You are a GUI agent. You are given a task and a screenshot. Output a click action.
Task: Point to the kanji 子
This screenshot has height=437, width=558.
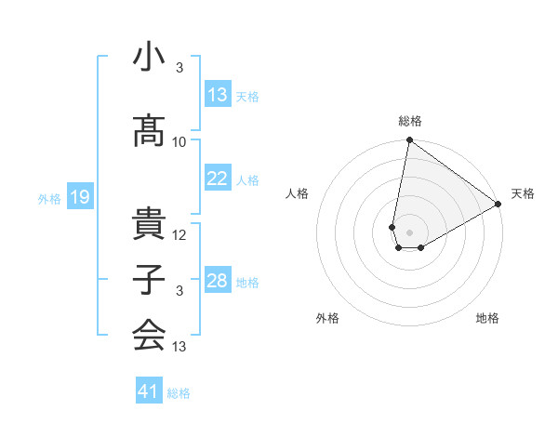click(x=149, y=279)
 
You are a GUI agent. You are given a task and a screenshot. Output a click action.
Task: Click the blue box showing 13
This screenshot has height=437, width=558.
click(x=217, y=95)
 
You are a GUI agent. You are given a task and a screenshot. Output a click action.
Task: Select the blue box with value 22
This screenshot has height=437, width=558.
click(x=217, y=179)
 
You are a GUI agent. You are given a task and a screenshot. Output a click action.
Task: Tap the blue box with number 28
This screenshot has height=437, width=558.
click(x=217, y=281)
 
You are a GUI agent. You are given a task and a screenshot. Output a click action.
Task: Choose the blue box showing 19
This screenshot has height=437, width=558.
click(x=79, y=196)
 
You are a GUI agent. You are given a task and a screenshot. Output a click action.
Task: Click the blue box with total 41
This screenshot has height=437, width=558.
click(x=149, y=391)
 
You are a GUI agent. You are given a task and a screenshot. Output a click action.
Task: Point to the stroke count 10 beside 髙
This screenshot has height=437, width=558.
click(x=179, y=141)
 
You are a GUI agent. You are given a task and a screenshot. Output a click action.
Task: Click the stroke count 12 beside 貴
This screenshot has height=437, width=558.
click(x=179, y=236)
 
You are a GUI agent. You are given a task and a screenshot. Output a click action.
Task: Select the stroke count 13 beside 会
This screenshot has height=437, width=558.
click(x=179, y=347)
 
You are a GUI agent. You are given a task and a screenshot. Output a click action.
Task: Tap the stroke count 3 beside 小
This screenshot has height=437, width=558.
click(x=179, y=69)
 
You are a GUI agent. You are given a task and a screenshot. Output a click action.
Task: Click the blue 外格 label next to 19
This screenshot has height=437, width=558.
click(x=49, y=197)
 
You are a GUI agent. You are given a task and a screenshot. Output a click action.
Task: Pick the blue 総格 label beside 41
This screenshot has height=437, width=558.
click(x=179, y=392)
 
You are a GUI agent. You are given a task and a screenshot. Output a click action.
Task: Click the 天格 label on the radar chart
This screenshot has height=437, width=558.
click(x=523, y=193)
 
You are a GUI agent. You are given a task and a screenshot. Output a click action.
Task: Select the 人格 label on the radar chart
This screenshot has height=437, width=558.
click(x=297, y=193)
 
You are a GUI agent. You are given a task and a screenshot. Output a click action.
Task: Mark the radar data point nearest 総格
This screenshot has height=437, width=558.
click(x=409, y=141)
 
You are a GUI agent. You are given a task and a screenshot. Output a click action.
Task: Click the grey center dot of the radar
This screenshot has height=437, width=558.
click(x=409, y=231)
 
